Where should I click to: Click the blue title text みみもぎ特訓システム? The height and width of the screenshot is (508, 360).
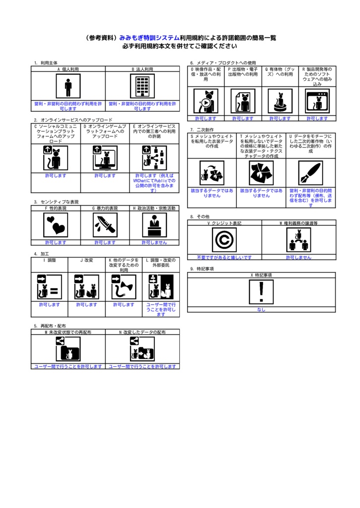149,38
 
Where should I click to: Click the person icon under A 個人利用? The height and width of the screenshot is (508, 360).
68,86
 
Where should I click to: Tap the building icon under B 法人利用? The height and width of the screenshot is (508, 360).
143,86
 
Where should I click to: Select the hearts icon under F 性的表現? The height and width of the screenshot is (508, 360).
56,225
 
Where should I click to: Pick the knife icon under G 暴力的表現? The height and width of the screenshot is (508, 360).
105,225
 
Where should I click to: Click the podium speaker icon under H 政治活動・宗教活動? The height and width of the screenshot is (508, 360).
154,225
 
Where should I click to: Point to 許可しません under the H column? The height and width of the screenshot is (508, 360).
154,242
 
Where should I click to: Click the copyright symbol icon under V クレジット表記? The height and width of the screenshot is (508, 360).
224,240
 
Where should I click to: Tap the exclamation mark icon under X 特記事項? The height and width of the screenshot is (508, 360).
261,292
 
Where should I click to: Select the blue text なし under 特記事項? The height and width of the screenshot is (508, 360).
261,310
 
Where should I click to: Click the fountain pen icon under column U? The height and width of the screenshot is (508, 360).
310,174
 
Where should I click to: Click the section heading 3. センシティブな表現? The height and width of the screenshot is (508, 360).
56,202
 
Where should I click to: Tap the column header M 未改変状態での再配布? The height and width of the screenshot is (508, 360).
68,332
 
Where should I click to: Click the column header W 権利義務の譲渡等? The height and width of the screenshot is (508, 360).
299,223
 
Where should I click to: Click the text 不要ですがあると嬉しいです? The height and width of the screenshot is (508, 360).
224,257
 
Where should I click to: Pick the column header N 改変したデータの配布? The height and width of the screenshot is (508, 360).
143,332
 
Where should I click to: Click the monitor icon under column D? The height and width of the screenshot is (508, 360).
105,158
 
